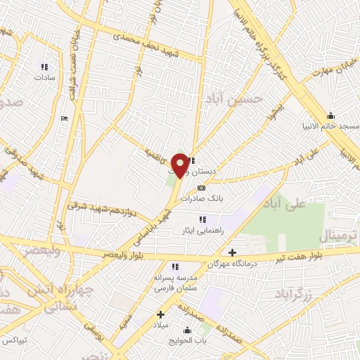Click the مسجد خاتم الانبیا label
[x=330, y=125]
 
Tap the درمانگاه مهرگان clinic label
[x=231, y=263]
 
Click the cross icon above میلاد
[x=161, y=314]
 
